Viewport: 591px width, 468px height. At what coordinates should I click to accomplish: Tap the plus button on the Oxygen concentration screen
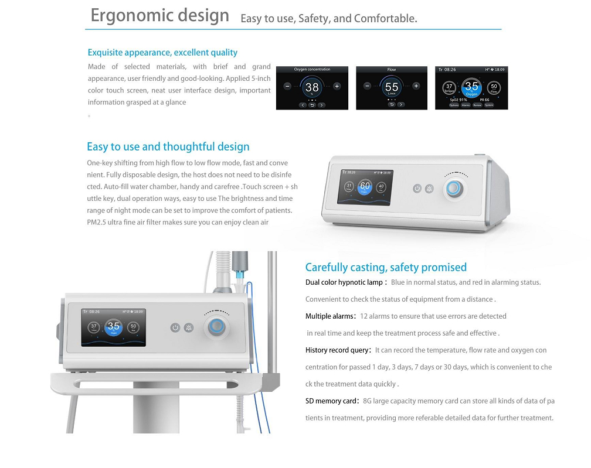point(337,86)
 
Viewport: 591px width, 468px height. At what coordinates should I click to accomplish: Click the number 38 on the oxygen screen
point(312,87)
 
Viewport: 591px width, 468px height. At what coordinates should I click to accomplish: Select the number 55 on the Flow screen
point(392,87)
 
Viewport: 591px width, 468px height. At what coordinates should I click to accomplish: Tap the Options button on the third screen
point(454,105)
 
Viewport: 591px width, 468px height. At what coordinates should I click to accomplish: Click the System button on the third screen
point(489,105)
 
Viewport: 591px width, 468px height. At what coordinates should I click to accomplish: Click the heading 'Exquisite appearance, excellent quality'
point(162,53)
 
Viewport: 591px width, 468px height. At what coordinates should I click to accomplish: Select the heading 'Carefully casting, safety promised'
point(386,268)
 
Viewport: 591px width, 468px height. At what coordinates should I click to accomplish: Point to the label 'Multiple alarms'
point(330,316)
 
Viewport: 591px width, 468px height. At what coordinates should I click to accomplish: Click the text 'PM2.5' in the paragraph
point(98,223)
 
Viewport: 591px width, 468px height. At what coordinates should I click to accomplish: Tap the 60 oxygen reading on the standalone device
point(365,186)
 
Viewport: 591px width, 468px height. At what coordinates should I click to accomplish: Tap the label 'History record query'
point(337,350)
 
